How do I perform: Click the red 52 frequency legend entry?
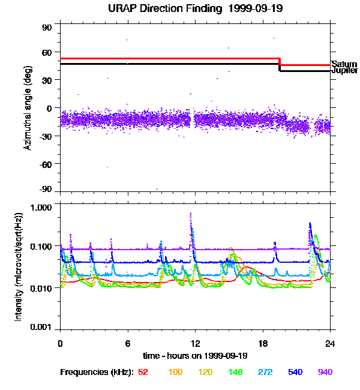click(x=143, y=372)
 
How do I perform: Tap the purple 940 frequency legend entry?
click(x=325, y=372)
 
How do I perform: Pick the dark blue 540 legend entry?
click(x=296, y=372)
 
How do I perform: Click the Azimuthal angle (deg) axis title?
click(x=28, y=107)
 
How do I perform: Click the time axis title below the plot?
click(x=195, y=356)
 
